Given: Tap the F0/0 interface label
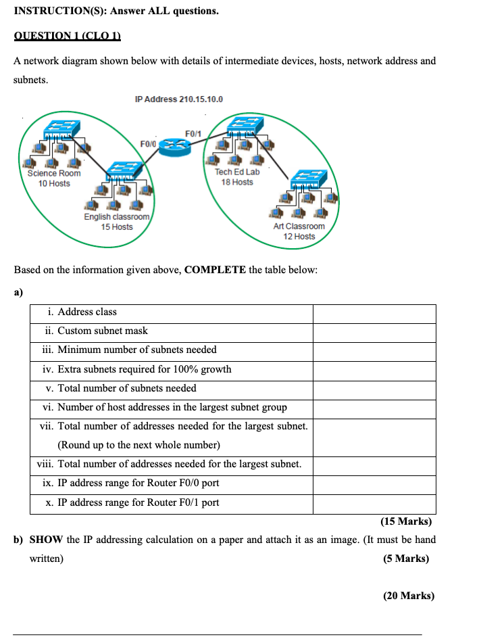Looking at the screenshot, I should tap(148, 144).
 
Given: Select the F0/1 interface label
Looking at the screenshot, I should tap(193, 133).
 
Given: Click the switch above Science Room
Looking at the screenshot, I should tap(61, 128).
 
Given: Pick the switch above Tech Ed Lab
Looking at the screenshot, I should tap(240, 124).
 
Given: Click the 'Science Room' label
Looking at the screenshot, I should tap(54, 173).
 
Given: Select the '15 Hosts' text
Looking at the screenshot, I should tap(117, 227).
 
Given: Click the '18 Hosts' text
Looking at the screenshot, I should tap(237, 182).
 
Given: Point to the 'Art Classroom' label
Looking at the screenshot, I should tap(299, 226).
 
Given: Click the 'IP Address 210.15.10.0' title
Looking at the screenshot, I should tap(179, 99).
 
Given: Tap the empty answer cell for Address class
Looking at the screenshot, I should tap(374, 313).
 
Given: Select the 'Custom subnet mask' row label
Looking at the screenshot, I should tap(102, 331).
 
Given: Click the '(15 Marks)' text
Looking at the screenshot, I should tap(405, 521).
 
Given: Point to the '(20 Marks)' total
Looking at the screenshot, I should tap(408, 596).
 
